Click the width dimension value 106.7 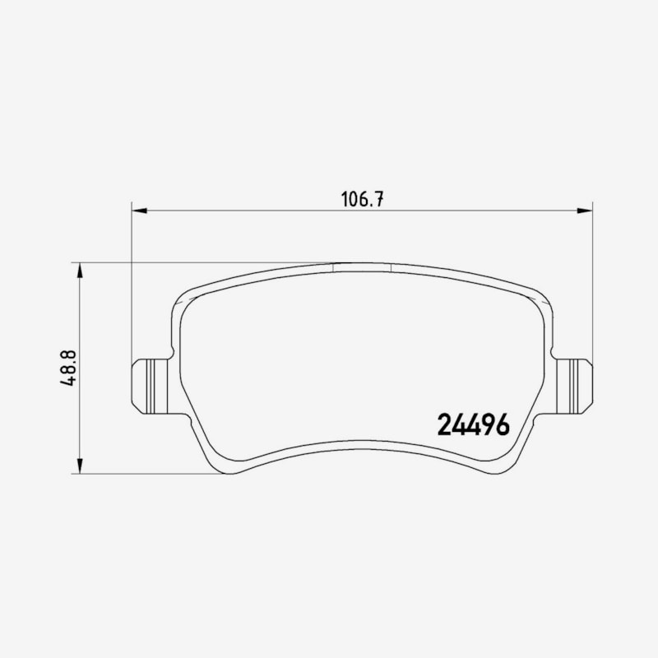[362, 199]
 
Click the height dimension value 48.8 [67, 368]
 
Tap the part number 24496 [474, 424]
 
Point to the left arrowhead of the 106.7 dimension [139, 211]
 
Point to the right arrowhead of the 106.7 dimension [585, 211]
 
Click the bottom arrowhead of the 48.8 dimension [80, 466]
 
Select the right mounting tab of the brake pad [572, 386]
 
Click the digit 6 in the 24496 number [503, 424]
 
